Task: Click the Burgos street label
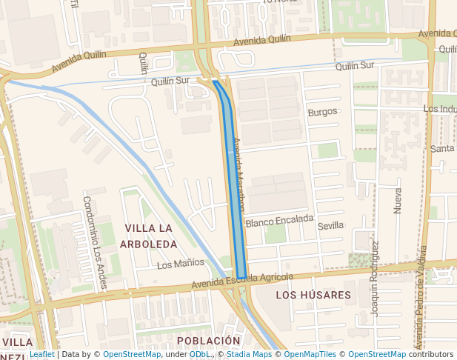[x=322, y=112]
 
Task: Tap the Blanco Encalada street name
[x=280, y=221]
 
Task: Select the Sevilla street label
[x=330, y=225]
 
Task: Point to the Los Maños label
[x=181, y=263]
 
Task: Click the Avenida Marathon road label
[x=238, y=176]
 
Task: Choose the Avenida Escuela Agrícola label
[x=241, y=280]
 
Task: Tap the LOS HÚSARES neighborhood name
[x=313, y=295]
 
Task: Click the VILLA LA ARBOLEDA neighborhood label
[x=151, y=236]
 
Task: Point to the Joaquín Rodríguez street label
[x=375, y=279]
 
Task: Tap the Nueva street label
[x=397, y=201]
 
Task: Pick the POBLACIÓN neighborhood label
[x=208, y=340]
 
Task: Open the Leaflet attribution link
[x=42, y=354]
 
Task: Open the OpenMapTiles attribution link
[x=309, y=354]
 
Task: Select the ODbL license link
[x=200, y=354]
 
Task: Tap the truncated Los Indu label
[x=440, y=109]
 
